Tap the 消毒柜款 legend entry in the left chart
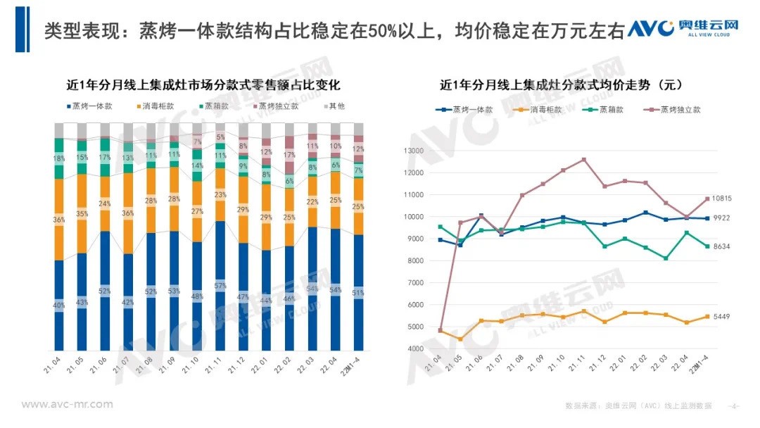pos(154,106)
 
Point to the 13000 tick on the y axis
pos(411,151)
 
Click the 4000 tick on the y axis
pos(413,348)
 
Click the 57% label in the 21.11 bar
pos(220,286)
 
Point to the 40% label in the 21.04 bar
pos(60,305)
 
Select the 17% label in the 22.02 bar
pos(289,155)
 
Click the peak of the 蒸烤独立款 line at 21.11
pos(583,159)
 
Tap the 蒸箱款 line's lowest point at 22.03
pos(666,258)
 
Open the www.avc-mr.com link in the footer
pos(67,404)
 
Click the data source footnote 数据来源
pos(638,406)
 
